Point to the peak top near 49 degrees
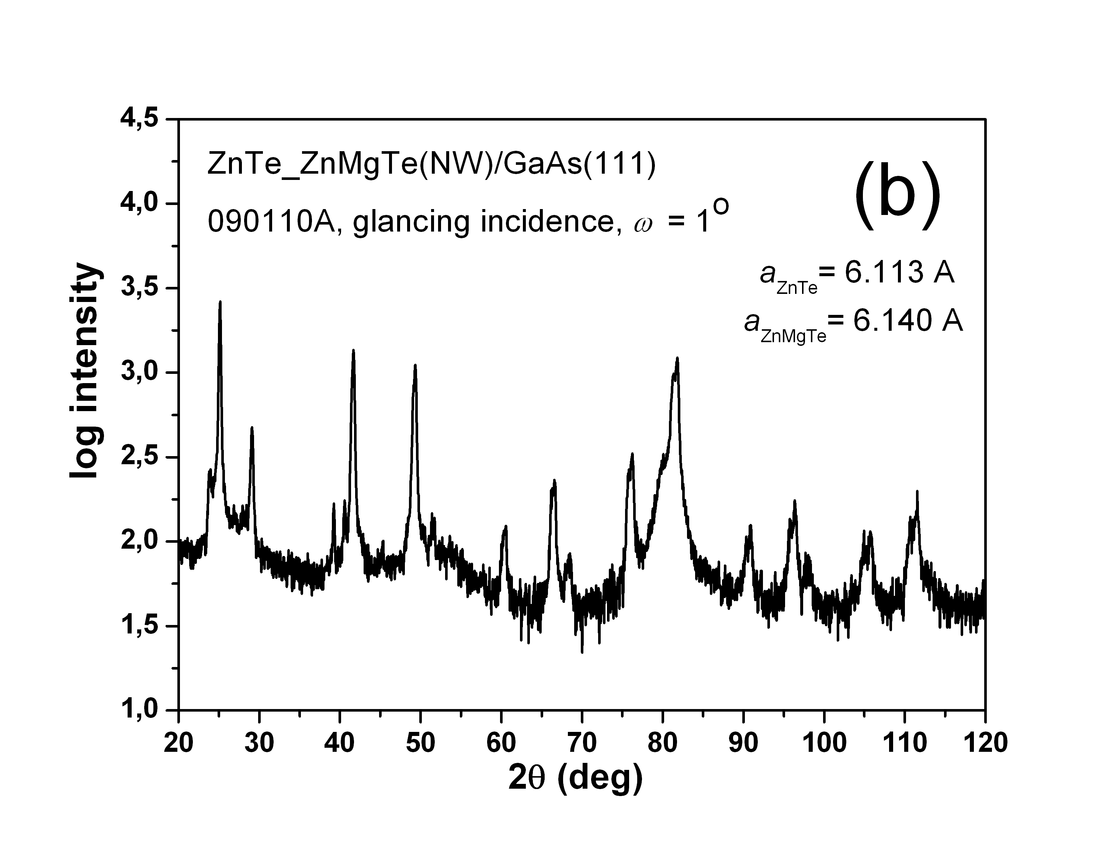point(415,365)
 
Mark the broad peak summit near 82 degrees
point(677,358)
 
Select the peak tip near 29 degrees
point(252,428)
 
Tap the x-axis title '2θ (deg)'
point(575,778)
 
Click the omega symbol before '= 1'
point(643,225)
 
